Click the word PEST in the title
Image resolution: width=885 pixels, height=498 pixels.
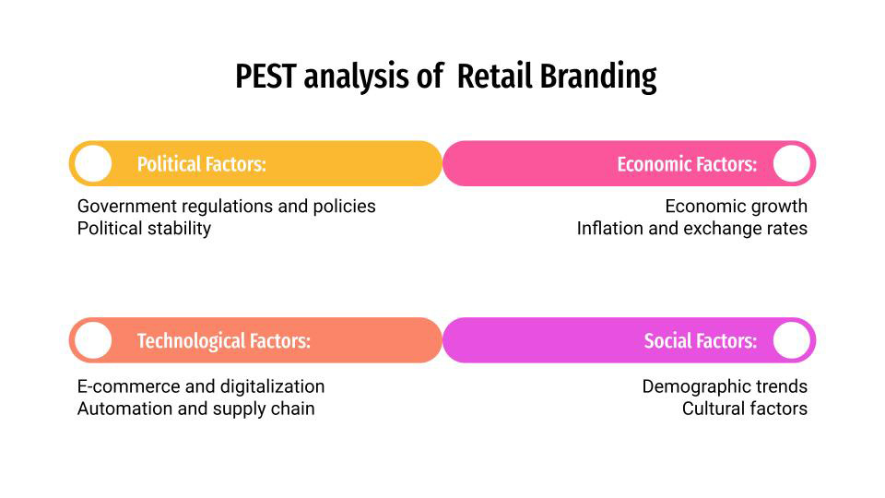[x=265, y=77]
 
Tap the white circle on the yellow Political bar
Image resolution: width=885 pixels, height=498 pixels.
[x=92, y=164]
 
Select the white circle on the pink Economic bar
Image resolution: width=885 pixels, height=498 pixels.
[x=792, y=164]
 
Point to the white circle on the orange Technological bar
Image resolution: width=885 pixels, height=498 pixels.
[x=92, y=341]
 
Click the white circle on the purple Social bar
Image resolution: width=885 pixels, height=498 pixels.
[x=792, y=341]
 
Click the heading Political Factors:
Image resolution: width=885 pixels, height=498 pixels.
[x=201, y=165]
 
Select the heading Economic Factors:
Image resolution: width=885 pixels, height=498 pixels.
[x=687, y=165]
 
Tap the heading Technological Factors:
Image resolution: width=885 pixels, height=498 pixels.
[x=223, y=341]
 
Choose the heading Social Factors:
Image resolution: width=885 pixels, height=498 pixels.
[x=700, y=341]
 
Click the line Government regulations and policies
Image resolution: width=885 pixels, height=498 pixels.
[x=226, y=206]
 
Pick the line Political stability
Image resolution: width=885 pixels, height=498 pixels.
[x=144, y=228]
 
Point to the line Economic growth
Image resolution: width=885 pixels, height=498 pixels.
[x=736, y=206]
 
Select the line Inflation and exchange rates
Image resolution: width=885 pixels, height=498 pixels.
[x=691, y=228]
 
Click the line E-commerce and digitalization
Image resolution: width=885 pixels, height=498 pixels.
[x=201, y=386]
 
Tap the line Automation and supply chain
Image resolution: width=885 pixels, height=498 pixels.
[x=195, y=409]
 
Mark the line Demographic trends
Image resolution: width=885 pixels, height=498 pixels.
[x=725, y=386]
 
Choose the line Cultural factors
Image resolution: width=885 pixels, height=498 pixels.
[x=744, y=409]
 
